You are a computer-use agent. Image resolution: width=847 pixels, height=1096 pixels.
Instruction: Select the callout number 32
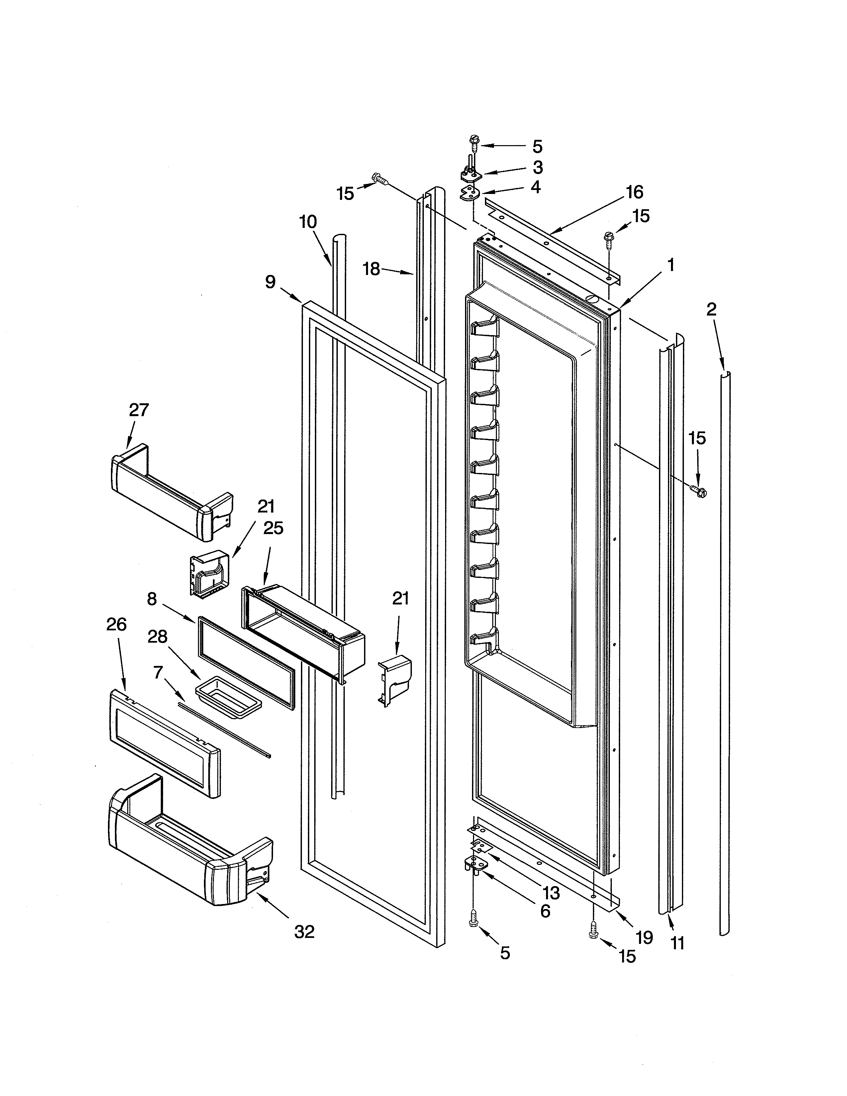[304, 932]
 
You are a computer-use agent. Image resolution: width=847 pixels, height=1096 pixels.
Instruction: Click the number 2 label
[711, 310]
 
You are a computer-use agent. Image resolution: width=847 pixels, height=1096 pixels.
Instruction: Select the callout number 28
[157, 637]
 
